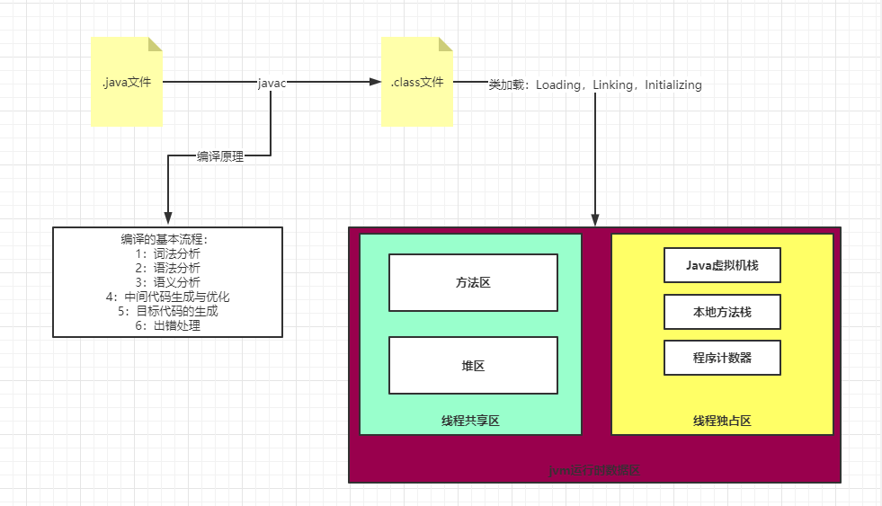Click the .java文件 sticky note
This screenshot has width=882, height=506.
tap(127, 82)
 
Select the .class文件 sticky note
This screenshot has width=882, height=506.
tap(417, 82)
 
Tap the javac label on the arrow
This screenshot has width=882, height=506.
tap(272, 84)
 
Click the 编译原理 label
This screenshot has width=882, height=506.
tap(220, 155)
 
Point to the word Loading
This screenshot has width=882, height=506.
tap(558, 85)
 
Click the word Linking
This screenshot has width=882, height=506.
tap(613, 85)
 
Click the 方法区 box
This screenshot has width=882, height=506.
tap(473, 282)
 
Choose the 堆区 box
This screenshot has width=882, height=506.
tap(473, 365)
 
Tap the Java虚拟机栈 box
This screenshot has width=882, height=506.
tap(722, 265)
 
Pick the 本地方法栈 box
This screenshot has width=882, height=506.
tap(722, 312)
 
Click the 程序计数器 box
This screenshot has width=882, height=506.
tap(722, 358)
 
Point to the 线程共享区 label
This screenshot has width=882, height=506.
tap(470, 421)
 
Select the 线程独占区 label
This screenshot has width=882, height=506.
tap(722, 421)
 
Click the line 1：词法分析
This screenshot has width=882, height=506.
tap(168, 254)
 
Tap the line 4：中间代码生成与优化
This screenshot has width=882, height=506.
tap(168, 297)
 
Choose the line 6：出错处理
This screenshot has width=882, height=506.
tap(168, 325)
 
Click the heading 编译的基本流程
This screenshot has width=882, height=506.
tap(168, 240)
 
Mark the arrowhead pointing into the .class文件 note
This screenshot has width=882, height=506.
tap(377, 82)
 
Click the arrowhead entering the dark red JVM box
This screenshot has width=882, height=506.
tap(594, 220)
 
